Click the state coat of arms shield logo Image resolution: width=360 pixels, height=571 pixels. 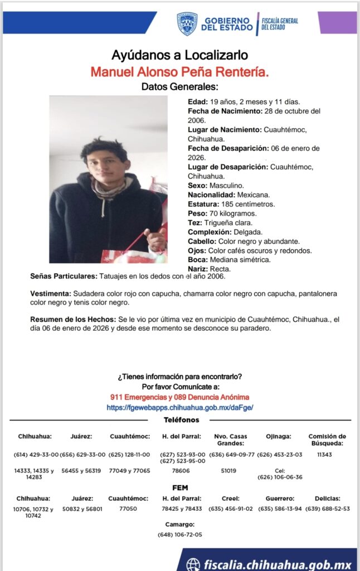click(x=187, y=24)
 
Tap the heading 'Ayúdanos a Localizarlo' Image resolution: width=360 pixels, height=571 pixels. click(x=179, y=56)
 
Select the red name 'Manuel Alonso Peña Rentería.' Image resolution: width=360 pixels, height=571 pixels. click(x=179, y=72)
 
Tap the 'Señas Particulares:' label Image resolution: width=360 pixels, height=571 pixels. click(x=64, y=276)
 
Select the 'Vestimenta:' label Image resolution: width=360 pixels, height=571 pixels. click(x=50, y=293)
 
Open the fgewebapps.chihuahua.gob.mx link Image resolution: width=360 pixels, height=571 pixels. click(x=179, y=408)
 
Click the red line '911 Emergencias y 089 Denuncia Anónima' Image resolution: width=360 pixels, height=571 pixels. click(x=179, y=397)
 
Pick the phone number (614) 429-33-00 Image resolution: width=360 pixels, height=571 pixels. click(x=36, y=454)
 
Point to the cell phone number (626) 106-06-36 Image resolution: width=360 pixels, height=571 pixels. click(x=280, y=477)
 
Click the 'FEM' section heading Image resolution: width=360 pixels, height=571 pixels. click(x=180, y=488)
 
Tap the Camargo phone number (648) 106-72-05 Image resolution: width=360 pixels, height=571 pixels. click(x=180, y=535)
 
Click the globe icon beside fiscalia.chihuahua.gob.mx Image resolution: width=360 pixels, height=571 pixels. click(x=193, y=564)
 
